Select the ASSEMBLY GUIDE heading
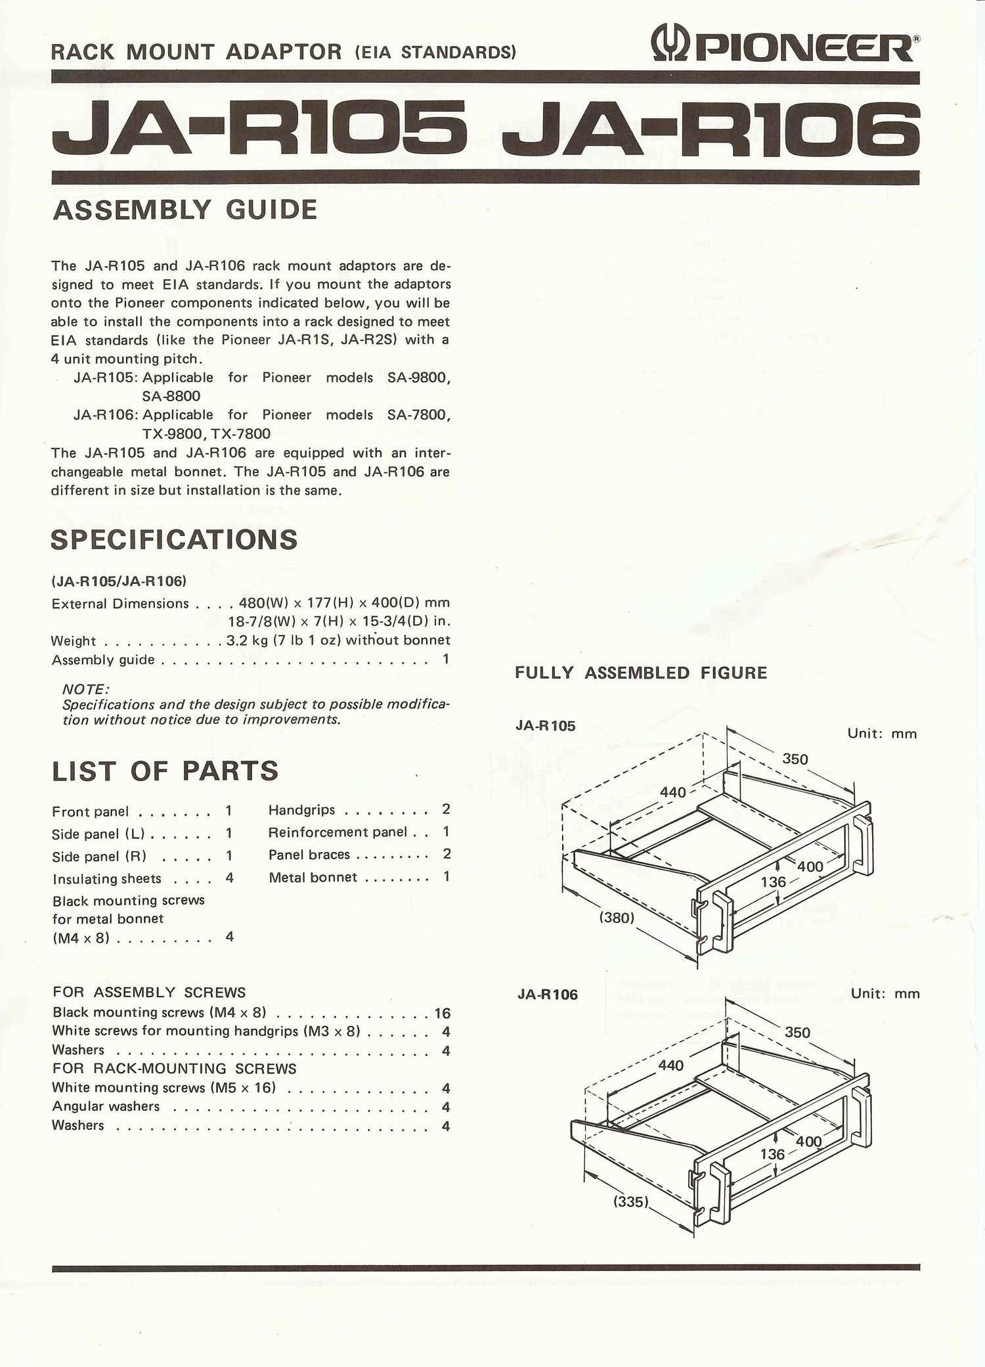185,210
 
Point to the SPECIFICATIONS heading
174,539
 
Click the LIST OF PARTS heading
165,771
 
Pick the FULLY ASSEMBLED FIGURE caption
640,673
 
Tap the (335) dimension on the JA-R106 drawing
631,1203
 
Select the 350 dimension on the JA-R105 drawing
795,759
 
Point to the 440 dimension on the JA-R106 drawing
670,1065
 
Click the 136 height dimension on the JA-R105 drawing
773,882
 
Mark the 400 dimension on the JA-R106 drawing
808,1142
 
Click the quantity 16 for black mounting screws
442,1013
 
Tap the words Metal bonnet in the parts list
313,877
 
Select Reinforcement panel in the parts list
338,832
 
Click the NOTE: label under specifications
85,689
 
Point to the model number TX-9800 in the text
170,434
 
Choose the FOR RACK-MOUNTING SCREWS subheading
174,1069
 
